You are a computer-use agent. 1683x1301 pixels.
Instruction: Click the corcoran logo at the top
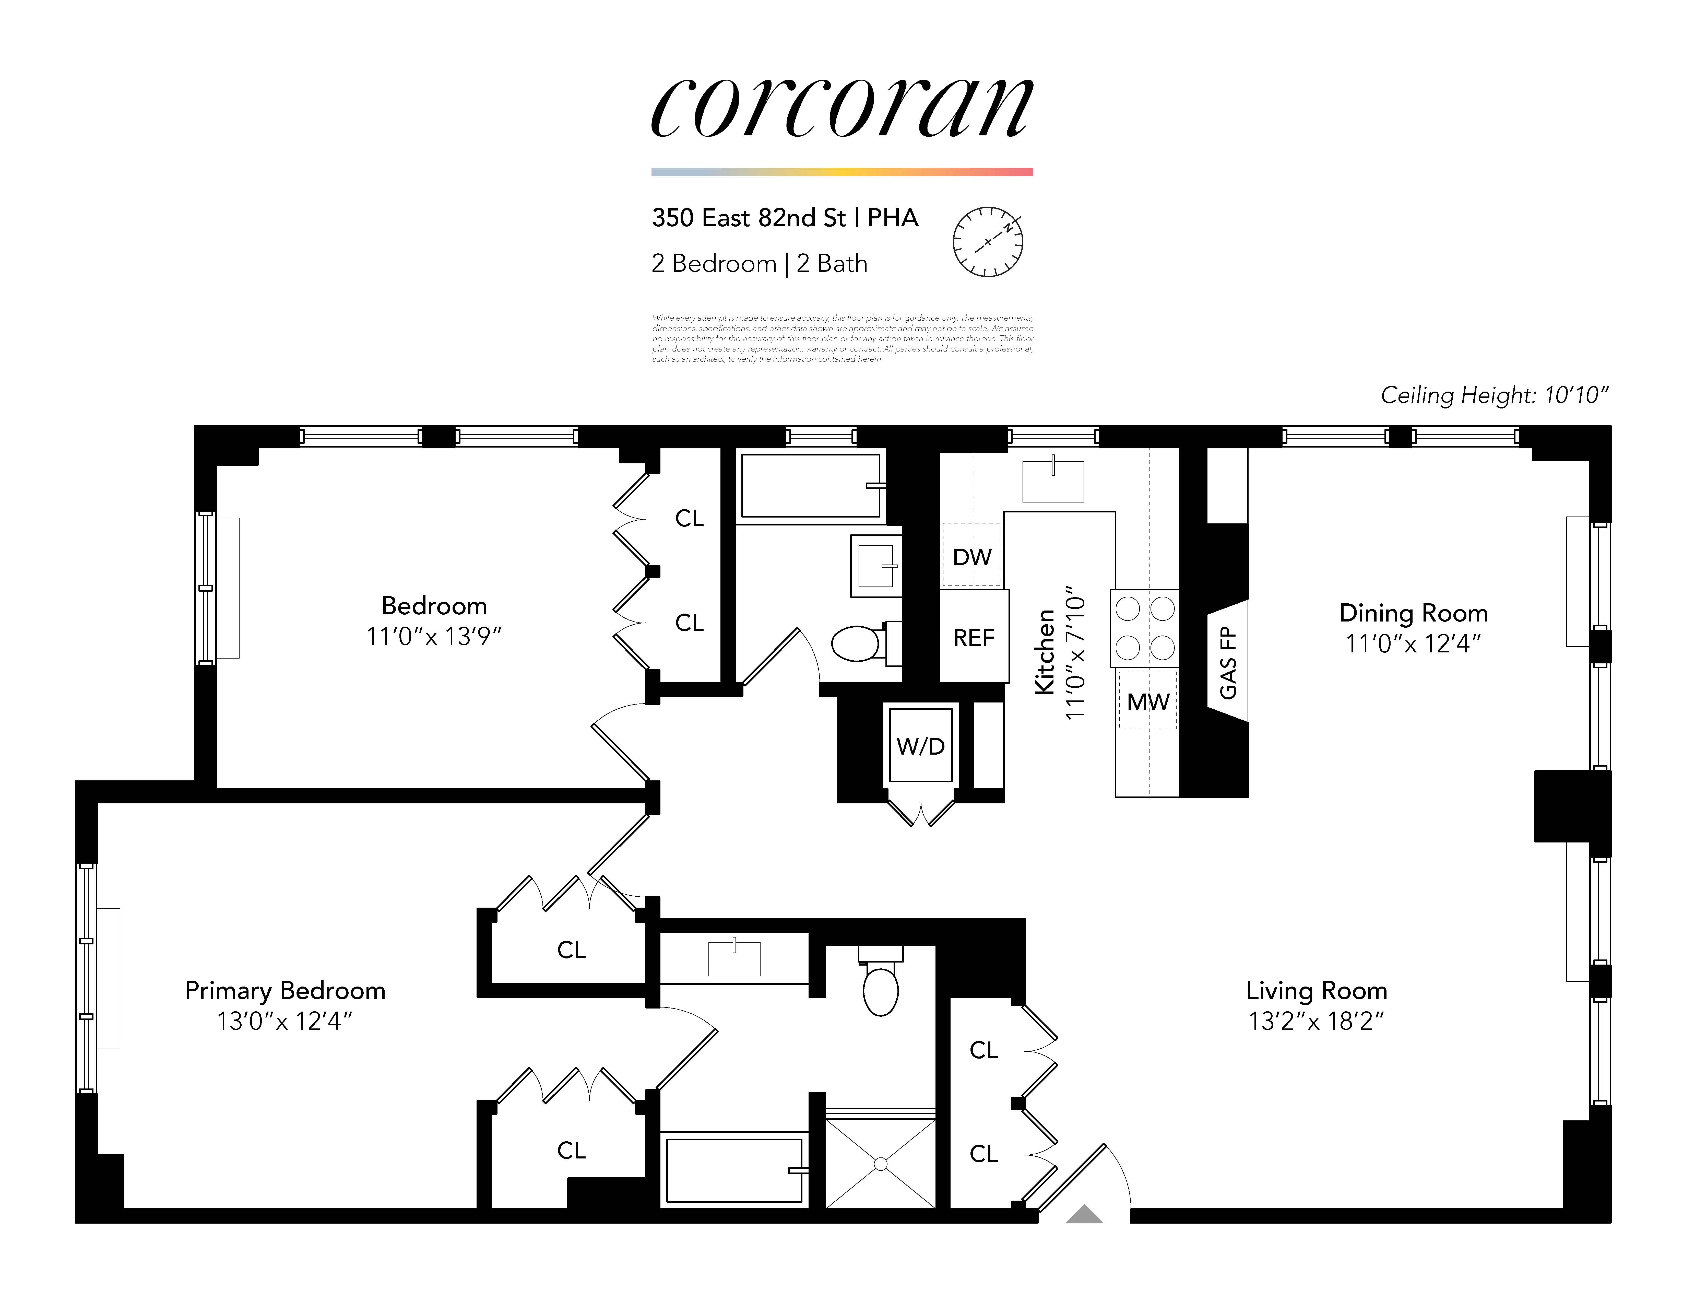click(841, 108)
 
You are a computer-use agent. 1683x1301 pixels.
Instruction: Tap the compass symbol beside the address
click(988, 241)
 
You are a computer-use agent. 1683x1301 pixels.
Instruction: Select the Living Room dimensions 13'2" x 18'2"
click(1316, 1021)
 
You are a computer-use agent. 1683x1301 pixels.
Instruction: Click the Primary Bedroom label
click(285, 990)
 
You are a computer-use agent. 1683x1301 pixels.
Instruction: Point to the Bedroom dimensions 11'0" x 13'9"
click(434, 637)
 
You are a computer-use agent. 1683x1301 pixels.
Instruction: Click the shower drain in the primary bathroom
click(881, 1164)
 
